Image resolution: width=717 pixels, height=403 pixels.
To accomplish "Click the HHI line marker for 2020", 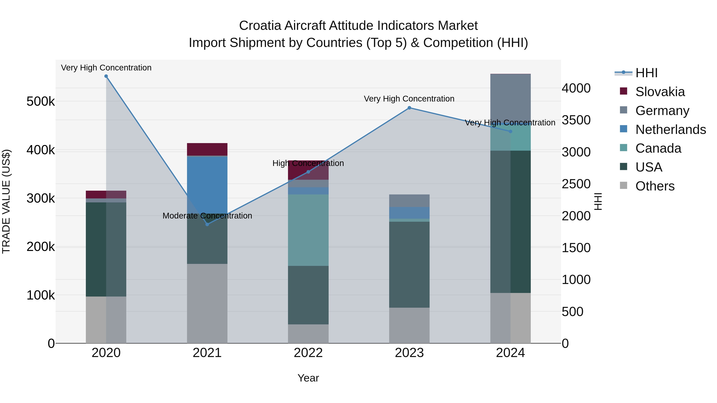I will [x=106, y=76].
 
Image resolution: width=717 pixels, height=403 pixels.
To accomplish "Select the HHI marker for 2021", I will [x=207, y=224].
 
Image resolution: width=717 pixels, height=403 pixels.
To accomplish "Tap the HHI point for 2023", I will [x=409, y=108].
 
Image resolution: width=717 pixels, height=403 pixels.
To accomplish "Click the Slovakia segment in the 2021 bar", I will [x=207, y=149].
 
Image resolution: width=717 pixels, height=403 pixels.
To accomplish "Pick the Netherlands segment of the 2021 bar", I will [x=207, y=183].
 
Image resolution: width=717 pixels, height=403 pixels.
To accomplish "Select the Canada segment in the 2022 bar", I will [x=308, y=230].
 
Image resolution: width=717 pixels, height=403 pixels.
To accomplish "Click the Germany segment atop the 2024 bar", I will [x=510, y=97].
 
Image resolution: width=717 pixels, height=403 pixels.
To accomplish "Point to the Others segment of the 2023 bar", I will [x=409, y=325].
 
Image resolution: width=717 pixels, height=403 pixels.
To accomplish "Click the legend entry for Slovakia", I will [x=660, y=92].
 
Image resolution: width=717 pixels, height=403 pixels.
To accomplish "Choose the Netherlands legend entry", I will [x=670, y=130].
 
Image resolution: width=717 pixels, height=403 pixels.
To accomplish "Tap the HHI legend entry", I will [x=646, y=73].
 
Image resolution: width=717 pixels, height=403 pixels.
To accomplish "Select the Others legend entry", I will [x=655, y=186].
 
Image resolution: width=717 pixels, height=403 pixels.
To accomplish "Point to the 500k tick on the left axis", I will [x=41, y=101].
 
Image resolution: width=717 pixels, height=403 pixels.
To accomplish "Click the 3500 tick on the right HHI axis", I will [x=576, y=120].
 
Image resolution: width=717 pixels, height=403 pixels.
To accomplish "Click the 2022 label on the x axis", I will [x=308, y=353].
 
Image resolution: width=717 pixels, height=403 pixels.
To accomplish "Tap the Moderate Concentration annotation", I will [x=207, y=216].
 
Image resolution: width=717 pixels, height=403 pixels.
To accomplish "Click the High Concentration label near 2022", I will [x=308, y=163].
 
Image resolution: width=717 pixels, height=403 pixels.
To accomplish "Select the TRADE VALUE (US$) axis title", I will [x=6, y=201].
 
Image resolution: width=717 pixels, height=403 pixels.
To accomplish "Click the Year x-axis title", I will [x=308, y=378].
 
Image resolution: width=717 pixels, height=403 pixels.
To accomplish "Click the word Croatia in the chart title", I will [x=260, y=26].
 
